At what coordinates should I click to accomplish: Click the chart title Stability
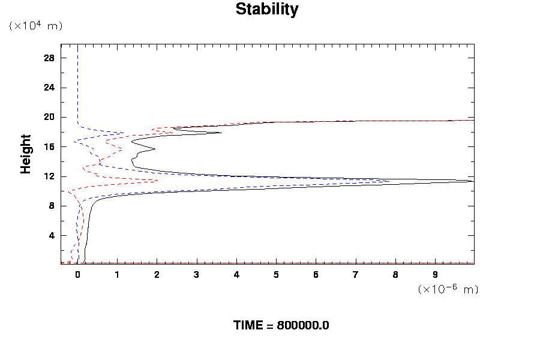tap(266, 10)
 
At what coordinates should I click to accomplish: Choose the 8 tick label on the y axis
tap(52, 206)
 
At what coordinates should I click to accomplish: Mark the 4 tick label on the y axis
tap(52, 235)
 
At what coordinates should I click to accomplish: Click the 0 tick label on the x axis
tap(77, 275)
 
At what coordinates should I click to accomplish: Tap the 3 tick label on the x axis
tap(197, 275)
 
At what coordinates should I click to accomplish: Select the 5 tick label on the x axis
tap(277, 275)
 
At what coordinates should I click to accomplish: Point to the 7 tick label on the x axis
tap(356, 275)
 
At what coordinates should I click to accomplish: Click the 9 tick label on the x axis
tap(436, 275)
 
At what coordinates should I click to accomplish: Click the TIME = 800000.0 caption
tap(281, 325)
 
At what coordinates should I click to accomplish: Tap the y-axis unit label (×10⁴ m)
tap(35, 26)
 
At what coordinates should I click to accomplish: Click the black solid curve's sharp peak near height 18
tap(221, 133)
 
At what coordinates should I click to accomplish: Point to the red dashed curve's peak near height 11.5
tap(158, 180)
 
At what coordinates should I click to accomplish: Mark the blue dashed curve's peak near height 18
tap(123, 133)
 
